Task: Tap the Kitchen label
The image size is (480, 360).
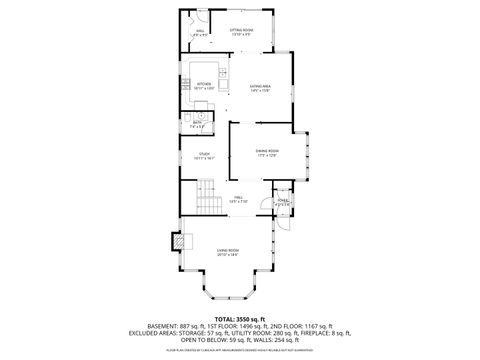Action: [x=204, y=86]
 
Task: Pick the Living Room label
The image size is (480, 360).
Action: [x=228, y=252]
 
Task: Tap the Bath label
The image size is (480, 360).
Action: [x=199, y=124]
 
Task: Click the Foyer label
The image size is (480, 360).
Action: [x=284, y=202]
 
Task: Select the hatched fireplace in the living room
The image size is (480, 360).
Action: [x=178, y=241]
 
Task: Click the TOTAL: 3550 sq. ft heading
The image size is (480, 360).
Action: [x=240, y=318]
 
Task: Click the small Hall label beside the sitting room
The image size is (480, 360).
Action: [x=200, y=33]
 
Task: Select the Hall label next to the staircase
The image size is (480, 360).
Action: [x=239, y=198]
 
